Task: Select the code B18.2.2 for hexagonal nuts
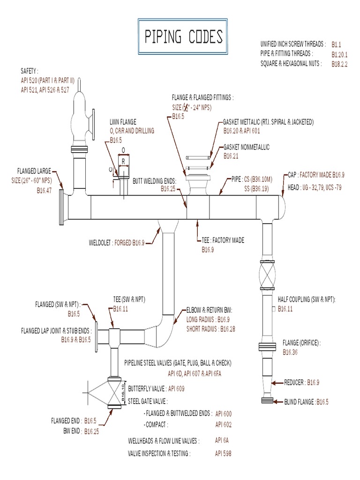339,64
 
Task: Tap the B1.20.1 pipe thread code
339,54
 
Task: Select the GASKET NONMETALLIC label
247,147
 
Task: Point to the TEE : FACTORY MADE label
223,240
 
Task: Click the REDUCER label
295,382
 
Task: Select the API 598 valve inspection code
223,453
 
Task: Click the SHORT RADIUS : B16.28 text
210,329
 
